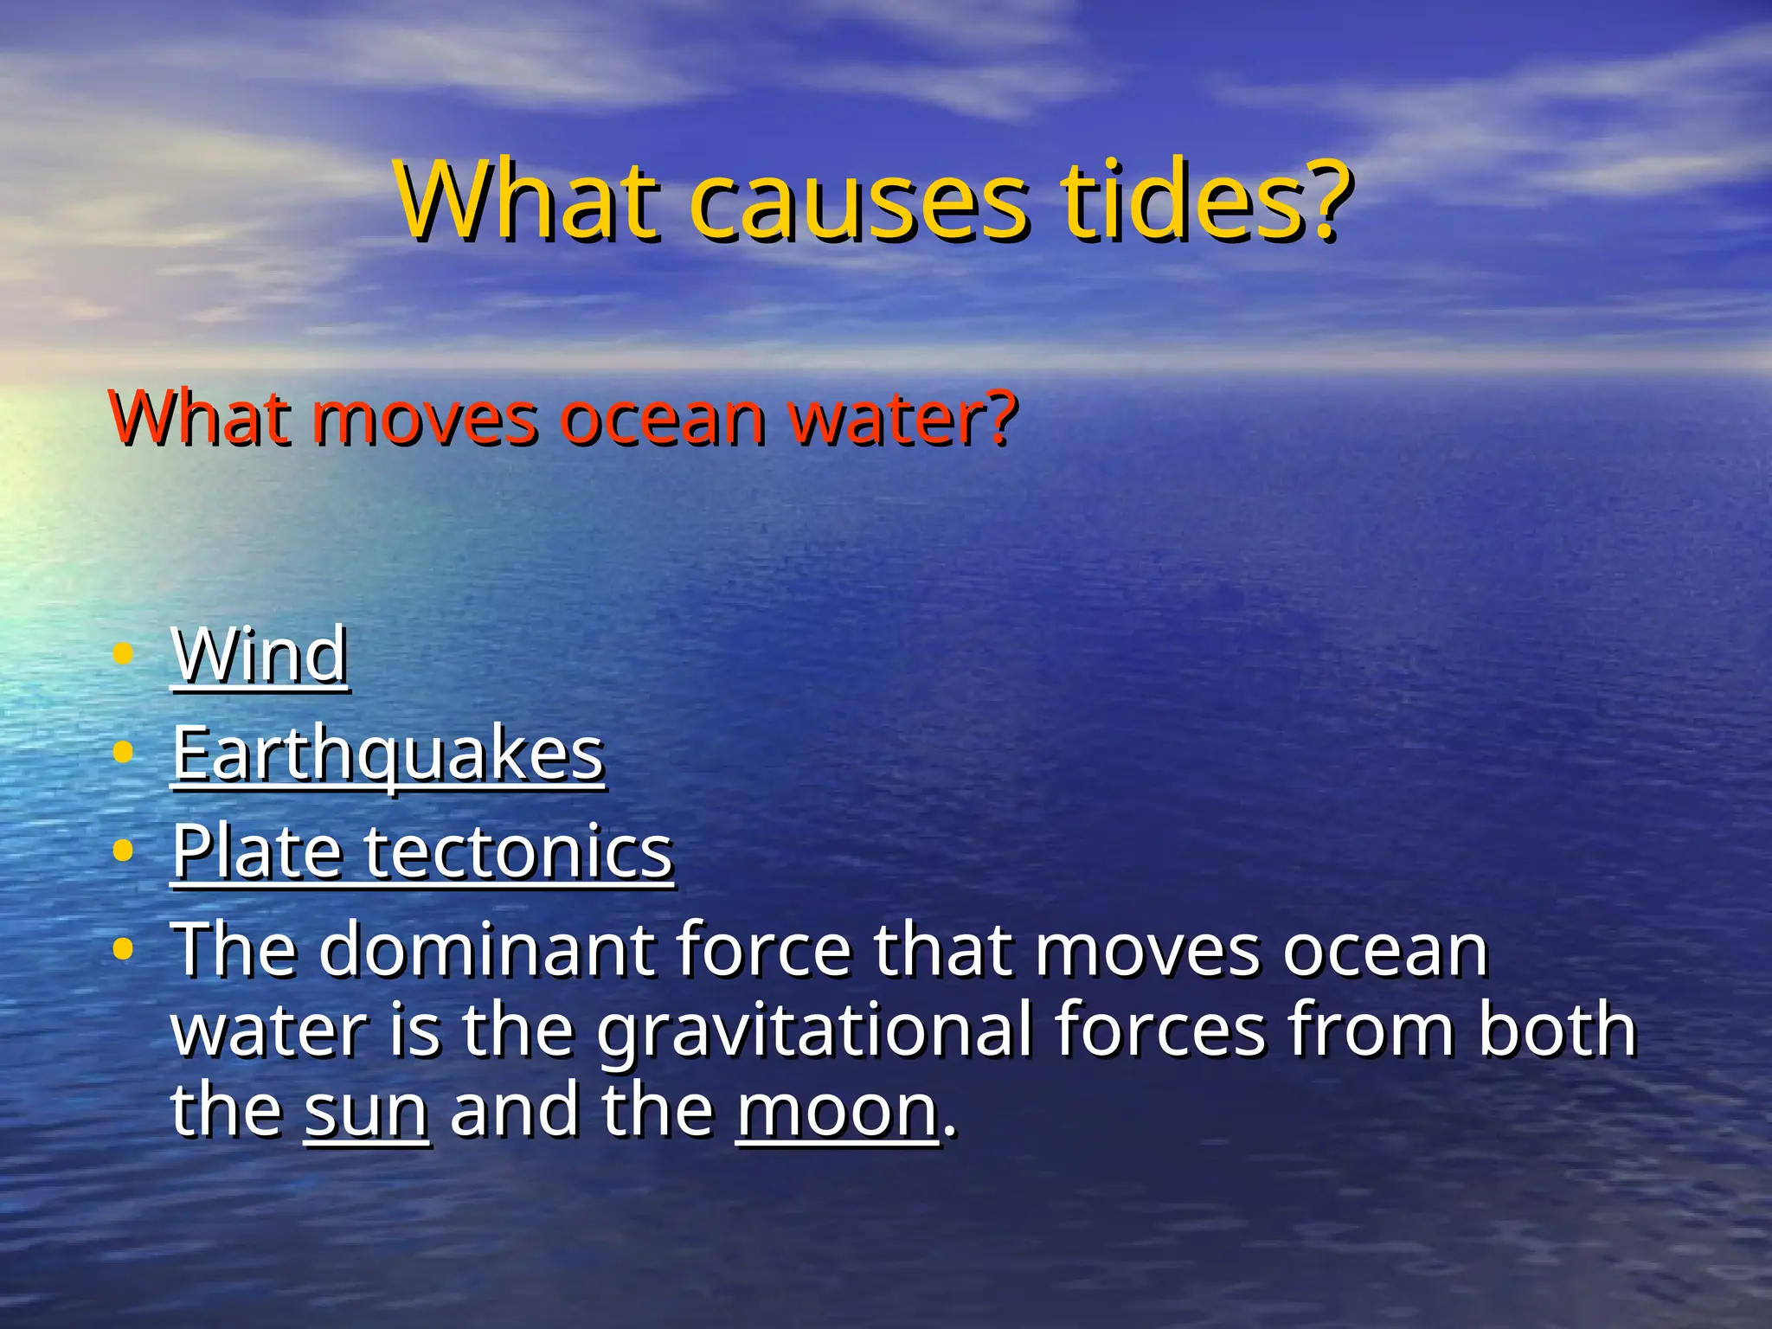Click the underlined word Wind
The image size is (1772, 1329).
pyautogui.click(x=260, y=655)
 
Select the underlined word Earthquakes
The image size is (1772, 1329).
pyautogui.click(x=388, y=754)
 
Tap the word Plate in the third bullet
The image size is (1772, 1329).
pyautogui.click(x=256, y=851)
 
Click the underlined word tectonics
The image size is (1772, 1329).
pyautogui.click(x=517, y=851)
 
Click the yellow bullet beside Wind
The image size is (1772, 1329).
pyautogui.click(x=123, y=654)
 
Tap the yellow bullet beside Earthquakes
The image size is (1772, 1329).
pyautogui.click(x=123, y=752)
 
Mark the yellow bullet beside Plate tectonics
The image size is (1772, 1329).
pyautogui.click(x=123, y=851)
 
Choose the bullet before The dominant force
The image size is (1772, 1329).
pyautogui.click(x=123, y=949)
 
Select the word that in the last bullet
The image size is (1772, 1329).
pyautogui.click(x=942, y=950)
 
